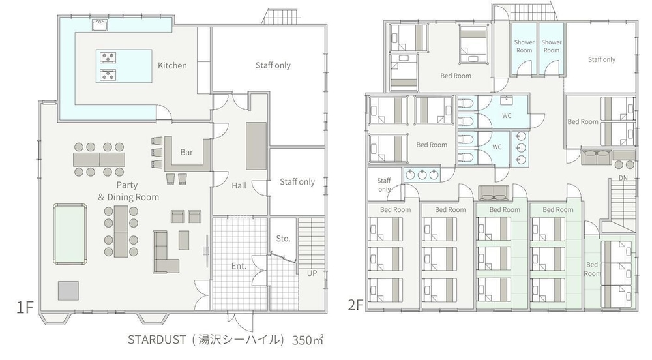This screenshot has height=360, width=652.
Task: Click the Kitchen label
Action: coord(172,65)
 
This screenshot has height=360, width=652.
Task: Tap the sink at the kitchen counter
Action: coord(100,25)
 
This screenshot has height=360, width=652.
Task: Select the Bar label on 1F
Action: coord(186,152)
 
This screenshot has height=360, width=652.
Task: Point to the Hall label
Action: coord(239,185)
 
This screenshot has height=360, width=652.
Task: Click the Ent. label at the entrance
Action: coord(239,266)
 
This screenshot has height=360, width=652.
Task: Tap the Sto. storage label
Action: coord(283,239)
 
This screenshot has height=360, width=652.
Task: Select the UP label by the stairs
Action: coord(312,273)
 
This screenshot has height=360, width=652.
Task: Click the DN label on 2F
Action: coord(623,178)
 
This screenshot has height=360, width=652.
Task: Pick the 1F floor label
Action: coord(25,307)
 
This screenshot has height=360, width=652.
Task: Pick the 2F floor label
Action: coord(355,305)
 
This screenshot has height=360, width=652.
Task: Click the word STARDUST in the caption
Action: coord(156,340)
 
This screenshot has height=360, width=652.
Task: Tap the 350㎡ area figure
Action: coord(308,340)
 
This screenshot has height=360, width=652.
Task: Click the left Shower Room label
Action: coord(524,46)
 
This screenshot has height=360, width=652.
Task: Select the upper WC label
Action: coord(507,116)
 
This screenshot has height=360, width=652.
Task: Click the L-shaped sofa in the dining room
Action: coord(166,252)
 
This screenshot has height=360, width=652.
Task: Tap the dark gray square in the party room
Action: coord(68,291)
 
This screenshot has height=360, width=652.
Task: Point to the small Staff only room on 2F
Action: coord(384,184)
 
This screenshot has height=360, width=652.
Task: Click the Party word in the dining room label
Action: coord(127,185)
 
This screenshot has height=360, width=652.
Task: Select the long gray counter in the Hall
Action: coord(256,146)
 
